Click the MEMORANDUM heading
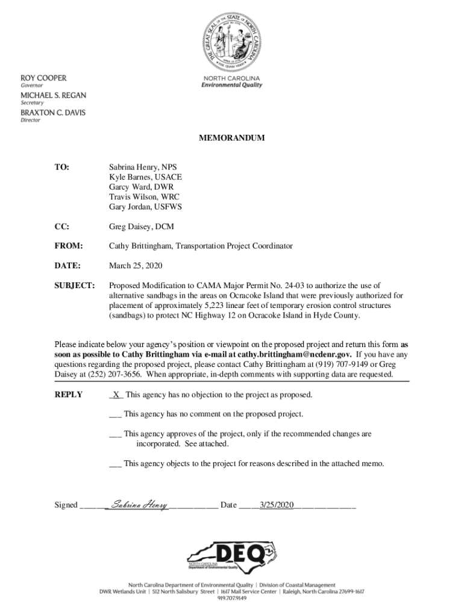(231, 138)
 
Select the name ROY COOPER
(44, 78)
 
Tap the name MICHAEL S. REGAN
(54, 96)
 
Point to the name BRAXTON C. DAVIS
(53, 112)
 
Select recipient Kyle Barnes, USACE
(145, 177)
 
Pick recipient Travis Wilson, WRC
(144, 197)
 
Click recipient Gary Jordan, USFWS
(145, 206)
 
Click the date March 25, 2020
(135, 265)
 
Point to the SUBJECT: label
(75, 285)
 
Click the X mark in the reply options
(116, 395)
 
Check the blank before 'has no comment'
(116, 414)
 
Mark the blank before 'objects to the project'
(116, 464)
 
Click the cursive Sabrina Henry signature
(140, 505)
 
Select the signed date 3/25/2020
(276, 505)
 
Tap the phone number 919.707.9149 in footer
(231, 599)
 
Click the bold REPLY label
(69, 395)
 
